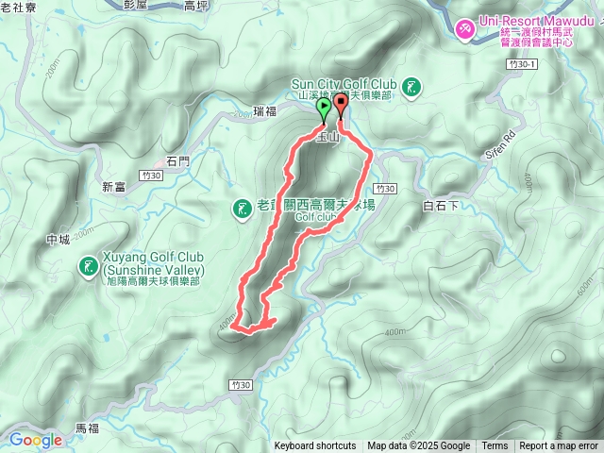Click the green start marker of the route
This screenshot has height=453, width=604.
pyautogui.click(x=325, y=109)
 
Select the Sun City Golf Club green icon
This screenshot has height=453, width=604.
pyautogui.click(x=411, y=88)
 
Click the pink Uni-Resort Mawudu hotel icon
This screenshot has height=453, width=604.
pyautogui.click(x=463, y=30)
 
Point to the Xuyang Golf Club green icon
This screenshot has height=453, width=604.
pyautogui.click(x=88, y=268)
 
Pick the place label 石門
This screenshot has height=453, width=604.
pyautogui.click(x=177, y=160)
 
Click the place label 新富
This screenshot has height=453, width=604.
pyautogui.click(x=113, y=187)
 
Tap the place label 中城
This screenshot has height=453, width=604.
pyautogui.click(x=58, y=240)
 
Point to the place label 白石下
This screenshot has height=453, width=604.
pyautogui.click(x=441, y=204)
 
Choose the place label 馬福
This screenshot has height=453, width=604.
pyautogui.click(x=86, y=428)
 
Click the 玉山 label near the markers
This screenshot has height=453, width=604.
pyautogui.click(x=327, y=137)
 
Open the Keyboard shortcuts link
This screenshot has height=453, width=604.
pyautogui.click(x=314, y=446)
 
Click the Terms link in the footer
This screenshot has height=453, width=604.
pyautogui.click(x=494, y=446)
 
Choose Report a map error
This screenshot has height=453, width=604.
pyautogui.click(x=558, y=446)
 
